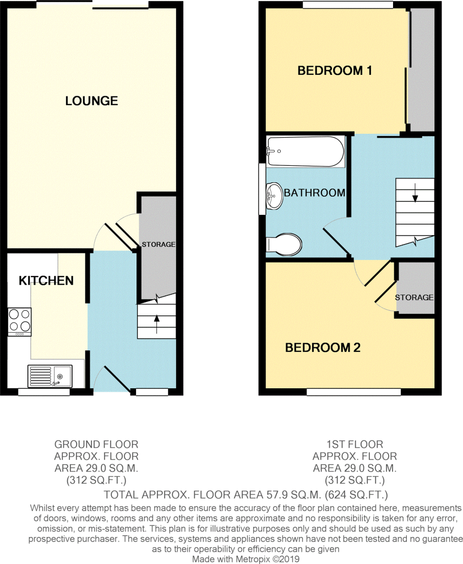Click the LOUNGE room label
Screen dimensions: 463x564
click(x=92, y=101)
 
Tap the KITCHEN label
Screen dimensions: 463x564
click(x=46, y=280)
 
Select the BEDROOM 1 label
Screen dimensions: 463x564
click(x=334, y=70)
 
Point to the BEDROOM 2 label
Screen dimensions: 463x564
click(x=323, y=348)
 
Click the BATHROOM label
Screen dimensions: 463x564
click(x=314, y=193)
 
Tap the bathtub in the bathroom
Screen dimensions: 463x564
click(x=305, y=151)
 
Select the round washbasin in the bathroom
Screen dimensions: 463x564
click(x=274, y=196)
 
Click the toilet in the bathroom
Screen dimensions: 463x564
click(x=284, y=245)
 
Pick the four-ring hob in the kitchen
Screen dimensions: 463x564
click(x=20, y=322)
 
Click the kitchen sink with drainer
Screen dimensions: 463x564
click(x=50, y=376)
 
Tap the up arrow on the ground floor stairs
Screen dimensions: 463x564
click(x=157, y=324)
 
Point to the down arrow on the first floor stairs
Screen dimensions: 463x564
click(x=415, y=192)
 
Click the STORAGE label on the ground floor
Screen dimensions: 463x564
click(x=159, y=244)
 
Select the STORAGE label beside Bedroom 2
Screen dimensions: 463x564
click(x=414, y=297)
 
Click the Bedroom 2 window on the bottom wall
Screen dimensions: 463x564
click(x=354, y=392)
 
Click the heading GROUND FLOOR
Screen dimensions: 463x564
click(x=96, y=444)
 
